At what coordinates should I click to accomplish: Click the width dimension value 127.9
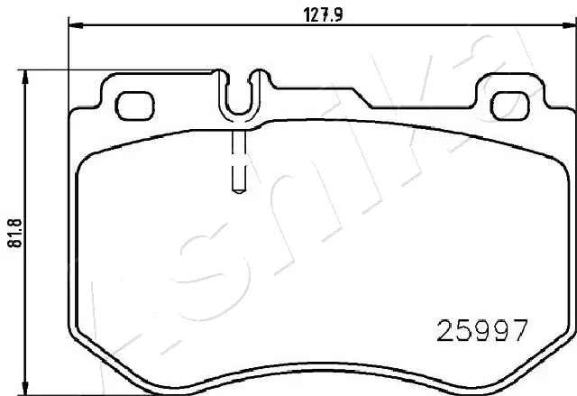click(x=312, y=14)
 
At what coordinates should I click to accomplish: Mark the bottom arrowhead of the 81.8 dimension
click(x=27, y=389)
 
